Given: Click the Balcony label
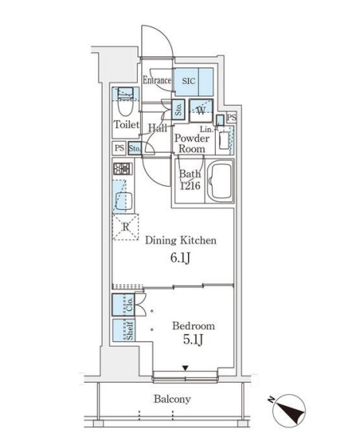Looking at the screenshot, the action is click(172, 399).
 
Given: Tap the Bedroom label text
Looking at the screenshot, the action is click(193, 326).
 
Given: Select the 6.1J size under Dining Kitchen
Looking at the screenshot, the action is click(180, 258).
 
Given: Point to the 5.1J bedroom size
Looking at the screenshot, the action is click(193, 340).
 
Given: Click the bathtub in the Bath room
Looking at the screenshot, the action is click(220, 181).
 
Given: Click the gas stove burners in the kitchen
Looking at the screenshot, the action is click(123, 169).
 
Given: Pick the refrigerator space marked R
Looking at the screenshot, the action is click(126, 227).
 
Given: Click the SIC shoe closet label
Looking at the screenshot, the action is click(189, 81).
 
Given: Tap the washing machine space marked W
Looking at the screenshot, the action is click(201, 110).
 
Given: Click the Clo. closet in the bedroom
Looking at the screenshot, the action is click(123, 305).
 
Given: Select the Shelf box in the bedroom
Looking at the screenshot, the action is click(124, 330).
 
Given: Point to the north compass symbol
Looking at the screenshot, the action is click(288, 411).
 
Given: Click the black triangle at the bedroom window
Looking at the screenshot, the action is click(185, 368).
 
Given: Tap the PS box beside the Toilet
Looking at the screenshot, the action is click(119, 148).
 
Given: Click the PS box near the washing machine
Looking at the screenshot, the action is click(231, 117).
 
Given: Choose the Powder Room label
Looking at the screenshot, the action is click(192, 144).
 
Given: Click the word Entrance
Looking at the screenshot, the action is click(156, 80).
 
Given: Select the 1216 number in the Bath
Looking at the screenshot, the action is click(190, 186).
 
